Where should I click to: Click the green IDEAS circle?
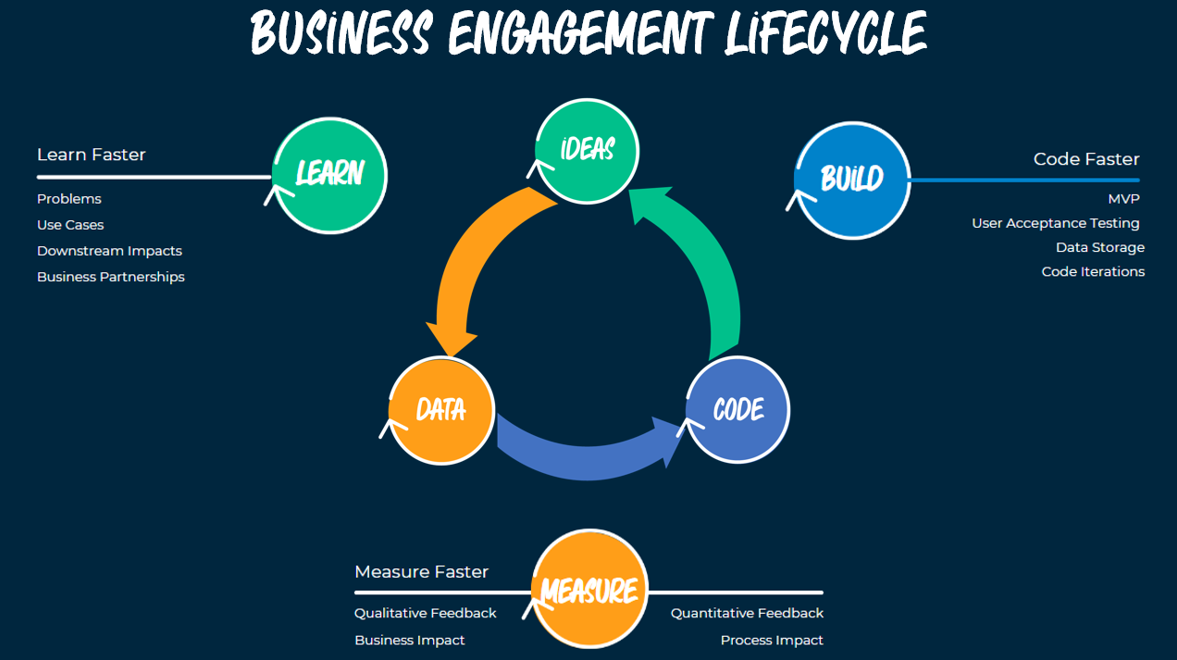click(x=588, y=150)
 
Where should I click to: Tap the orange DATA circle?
click(x=441, y=410)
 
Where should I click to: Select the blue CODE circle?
click(x=738, y=410)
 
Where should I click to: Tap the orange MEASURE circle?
click(x=589, y=590)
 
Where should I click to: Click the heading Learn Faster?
click(x=92, y=155)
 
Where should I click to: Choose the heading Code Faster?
click(x=1086, y=159)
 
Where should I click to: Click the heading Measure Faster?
click(x=421, y=572)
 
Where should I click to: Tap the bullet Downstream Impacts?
click(x=109, y=251)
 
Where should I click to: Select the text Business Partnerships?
click(x=111, y=277)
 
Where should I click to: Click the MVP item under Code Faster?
click(x=1123, y=199)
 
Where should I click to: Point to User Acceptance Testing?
click(x=1055, y=223)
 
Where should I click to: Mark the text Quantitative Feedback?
click(x=747, y=613)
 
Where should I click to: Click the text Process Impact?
click(x=772, y=640)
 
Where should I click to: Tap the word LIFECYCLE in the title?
click(x=813, y=35)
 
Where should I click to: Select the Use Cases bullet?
click(x=70, y=225)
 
